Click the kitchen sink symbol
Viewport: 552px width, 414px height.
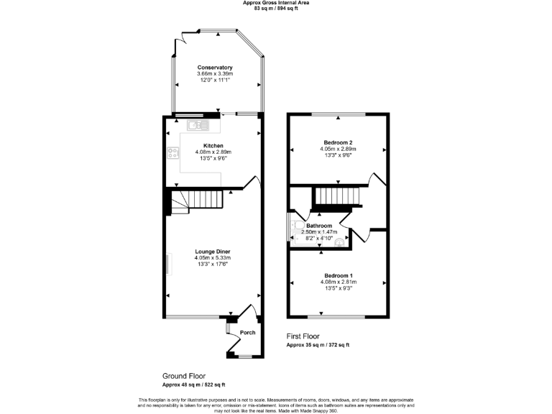tap(197, 126)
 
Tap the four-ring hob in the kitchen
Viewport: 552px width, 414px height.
tap(172, 152)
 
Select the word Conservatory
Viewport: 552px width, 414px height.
tap(215, 68)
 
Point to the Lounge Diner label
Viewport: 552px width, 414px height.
tap(213, 252)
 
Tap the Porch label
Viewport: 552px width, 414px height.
tap(247, 333)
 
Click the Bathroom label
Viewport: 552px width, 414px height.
tap(319, 226)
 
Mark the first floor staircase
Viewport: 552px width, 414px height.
tap(337, 195)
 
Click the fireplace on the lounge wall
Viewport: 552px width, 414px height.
tap(169, 264)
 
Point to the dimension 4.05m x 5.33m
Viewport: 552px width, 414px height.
tap(213, 258)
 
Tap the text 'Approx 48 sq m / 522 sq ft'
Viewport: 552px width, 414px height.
tap(193, 385)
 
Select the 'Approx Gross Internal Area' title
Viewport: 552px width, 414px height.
tap(276, 3)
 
